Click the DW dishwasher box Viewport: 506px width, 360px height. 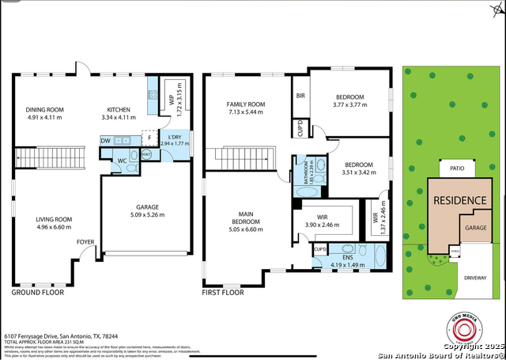105,141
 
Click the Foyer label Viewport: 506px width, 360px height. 85,242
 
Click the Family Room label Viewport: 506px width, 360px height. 245,104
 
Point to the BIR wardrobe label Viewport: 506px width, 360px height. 300,97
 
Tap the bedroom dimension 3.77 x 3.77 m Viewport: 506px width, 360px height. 349,104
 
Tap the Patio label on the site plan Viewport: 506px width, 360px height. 456,169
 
